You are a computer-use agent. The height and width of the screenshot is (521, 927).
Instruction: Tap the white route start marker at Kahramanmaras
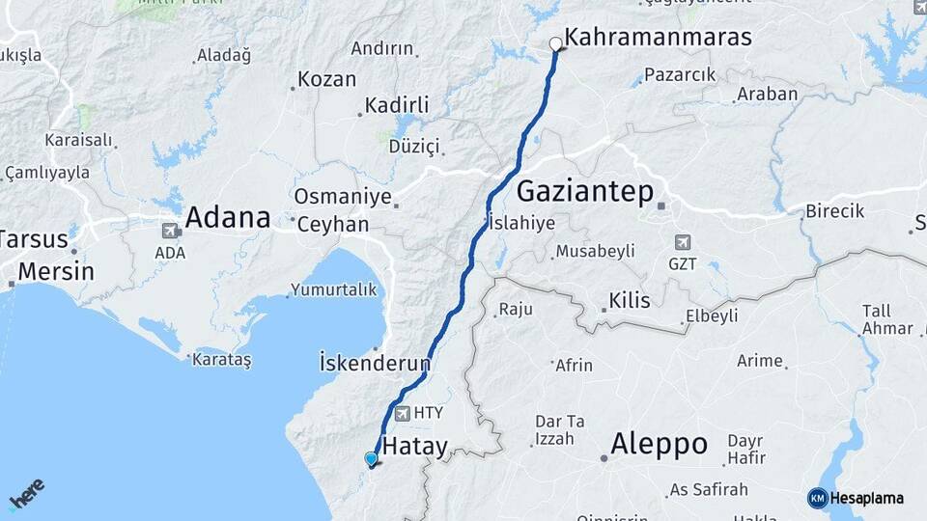[x=555, y=43]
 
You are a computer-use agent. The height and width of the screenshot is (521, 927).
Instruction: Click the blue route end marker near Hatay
[x=371, y=459]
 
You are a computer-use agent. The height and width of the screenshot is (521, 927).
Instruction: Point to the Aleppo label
[x=660, y=445]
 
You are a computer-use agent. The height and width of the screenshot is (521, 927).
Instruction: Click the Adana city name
[x=227, y=217]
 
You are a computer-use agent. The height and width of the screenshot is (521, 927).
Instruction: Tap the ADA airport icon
[x=172, y=231]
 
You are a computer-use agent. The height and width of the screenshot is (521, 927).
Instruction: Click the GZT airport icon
[x=684, y=241]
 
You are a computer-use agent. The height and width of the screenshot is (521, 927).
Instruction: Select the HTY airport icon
[x=401, y=413]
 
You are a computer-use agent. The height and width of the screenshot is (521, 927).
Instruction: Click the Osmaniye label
[x=343, y=197]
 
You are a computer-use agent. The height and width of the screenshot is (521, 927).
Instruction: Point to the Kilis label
[x=630, y=301]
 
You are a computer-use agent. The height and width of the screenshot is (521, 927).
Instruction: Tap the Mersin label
[x=56, y=271]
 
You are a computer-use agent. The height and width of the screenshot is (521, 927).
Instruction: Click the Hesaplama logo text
[x=867, y=498]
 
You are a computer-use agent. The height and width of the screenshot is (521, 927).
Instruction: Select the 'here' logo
[x=27, y=493]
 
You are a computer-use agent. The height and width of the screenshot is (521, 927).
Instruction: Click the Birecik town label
[x=835, y=211]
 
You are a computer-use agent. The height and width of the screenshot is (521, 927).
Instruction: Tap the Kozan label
[x=327, y=80]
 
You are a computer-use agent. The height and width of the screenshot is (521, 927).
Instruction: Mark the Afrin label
[x=575, y=366]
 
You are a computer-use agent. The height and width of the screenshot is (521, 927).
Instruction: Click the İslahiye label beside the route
[x=522, y=223]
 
